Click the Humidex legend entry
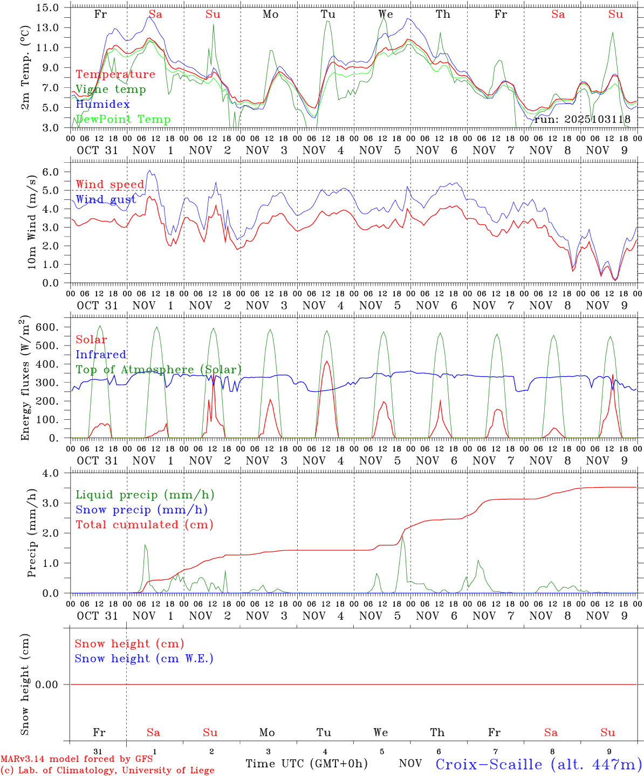[x=102, y=105]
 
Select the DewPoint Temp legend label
[x=123, y=120]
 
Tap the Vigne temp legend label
[x=111, y=89]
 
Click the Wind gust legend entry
[x=106, y=199]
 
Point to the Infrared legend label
[x=101, y=355]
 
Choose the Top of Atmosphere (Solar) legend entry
[x=159, y=370]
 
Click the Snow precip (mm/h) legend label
[x=141, y=510]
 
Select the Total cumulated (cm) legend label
[x=145, y=525]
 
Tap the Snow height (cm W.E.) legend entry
[x=144, y=659]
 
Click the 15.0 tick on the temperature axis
[x=48, y=8]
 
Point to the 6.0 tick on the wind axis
[x=50, y=172]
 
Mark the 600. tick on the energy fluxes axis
[x=46, y=327]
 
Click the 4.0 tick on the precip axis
[x=50, y=473]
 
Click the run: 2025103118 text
[x=582, y=120]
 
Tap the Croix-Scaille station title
[x=539, y=764]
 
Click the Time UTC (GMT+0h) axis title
[x=306, y=764]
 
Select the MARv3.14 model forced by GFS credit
[x=77, y=759]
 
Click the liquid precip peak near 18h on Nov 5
[x=402, y=535]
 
